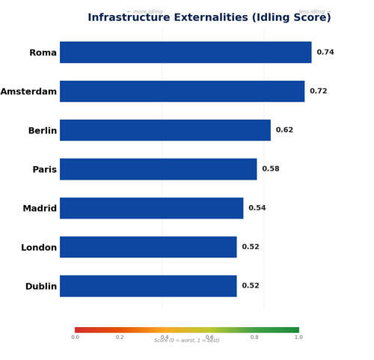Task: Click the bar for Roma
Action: tap(186, 52)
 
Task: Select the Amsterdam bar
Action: tap(182, 91)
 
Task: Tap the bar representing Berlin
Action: tap(165, 130)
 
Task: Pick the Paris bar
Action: tap(159, 169)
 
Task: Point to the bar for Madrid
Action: tap(152, 208)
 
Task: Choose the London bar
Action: tap(148, 247)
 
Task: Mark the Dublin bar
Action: tap(148, 286)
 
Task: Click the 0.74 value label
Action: tap(325, 52)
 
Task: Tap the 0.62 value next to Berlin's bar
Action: tap(284, 130)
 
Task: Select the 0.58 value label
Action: tap(271, 169)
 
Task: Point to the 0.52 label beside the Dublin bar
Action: tap(251, 286)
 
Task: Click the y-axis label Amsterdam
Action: tap(28, 91)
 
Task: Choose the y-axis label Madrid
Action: tap(40, 208)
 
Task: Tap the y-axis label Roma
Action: tap(43, 52)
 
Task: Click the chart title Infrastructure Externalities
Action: tap(209, 18)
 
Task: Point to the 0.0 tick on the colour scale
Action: tap(75, 338)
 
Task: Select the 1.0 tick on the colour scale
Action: tap(298, 338)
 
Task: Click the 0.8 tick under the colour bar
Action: tap(254, 338)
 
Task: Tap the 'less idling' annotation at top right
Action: tap(314, 12)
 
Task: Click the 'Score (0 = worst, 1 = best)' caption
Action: tap(187, 341)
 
